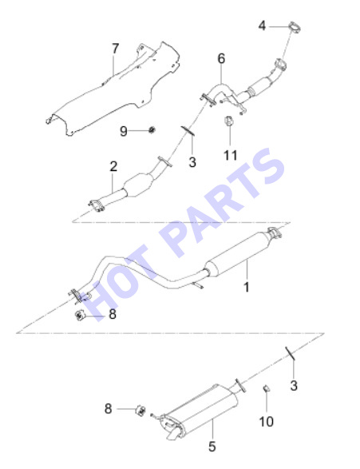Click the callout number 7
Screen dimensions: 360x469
pyautogui.click(x=115, y=48)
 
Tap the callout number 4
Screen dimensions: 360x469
pyautogui.click(x=262, y=26)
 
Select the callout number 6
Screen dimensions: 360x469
pyautogui.click(x=221, y=58)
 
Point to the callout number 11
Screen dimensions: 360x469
pyautogui.click(x=231, y=155)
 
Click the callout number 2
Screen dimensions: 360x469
pyautogui.click(x=113, y=166)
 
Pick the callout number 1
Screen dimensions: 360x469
pyautogui.click(x=247, y=287)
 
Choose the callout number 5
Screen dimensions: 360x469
pyautogui.click(x=212, y=447)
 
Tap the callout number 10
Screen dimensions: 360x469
pyautogui.click(x=266, y=421)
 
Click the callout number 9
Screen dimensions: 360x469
pyautogui.click(x=124, y=131)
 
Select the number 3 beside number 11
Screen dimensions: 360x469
pyautogui.click(x=192, y=162)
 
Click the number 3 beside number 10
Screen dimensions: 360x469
pyautogui.click(x=294, y=386)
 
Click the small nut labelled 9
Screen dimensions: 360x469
pyautogui.click(x=152, y=129)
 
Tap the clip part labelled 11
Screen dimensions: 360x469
pyautogui.click(x=229, y=121)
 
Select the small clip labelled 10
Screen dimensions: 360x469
pyautogui.click(x=266, y=388)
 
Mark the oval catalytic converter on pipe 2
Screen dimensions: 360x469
pyautogui.click(x=138, y=185)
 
